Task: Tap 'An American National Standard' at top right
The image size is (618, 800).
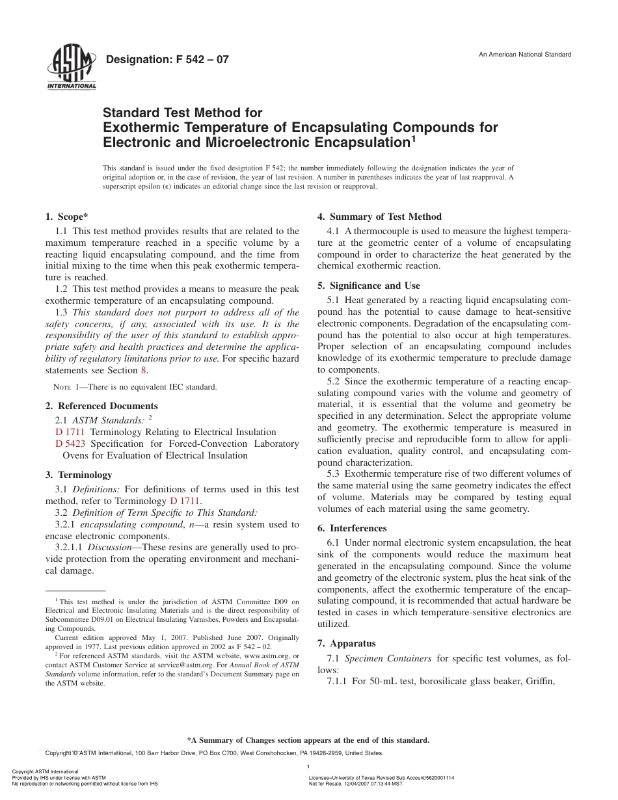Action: (525, 55)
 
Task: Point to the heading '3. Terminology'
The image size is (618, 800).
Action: (79, 475)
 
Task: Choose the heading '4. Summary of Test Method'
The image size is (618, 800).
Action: (379, 217)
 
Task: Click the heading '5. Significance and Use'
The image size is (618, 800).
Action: (368, 286)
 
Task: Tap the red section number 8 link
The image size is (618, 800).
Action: (145, 371)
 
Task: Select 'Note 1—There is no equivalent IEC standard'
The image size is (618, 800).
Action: (136, 387)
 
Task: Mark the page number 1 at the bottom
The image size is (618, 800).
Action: (307, 767)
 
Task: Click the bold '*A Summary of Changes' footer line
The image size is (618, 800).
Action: (308, 740)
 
